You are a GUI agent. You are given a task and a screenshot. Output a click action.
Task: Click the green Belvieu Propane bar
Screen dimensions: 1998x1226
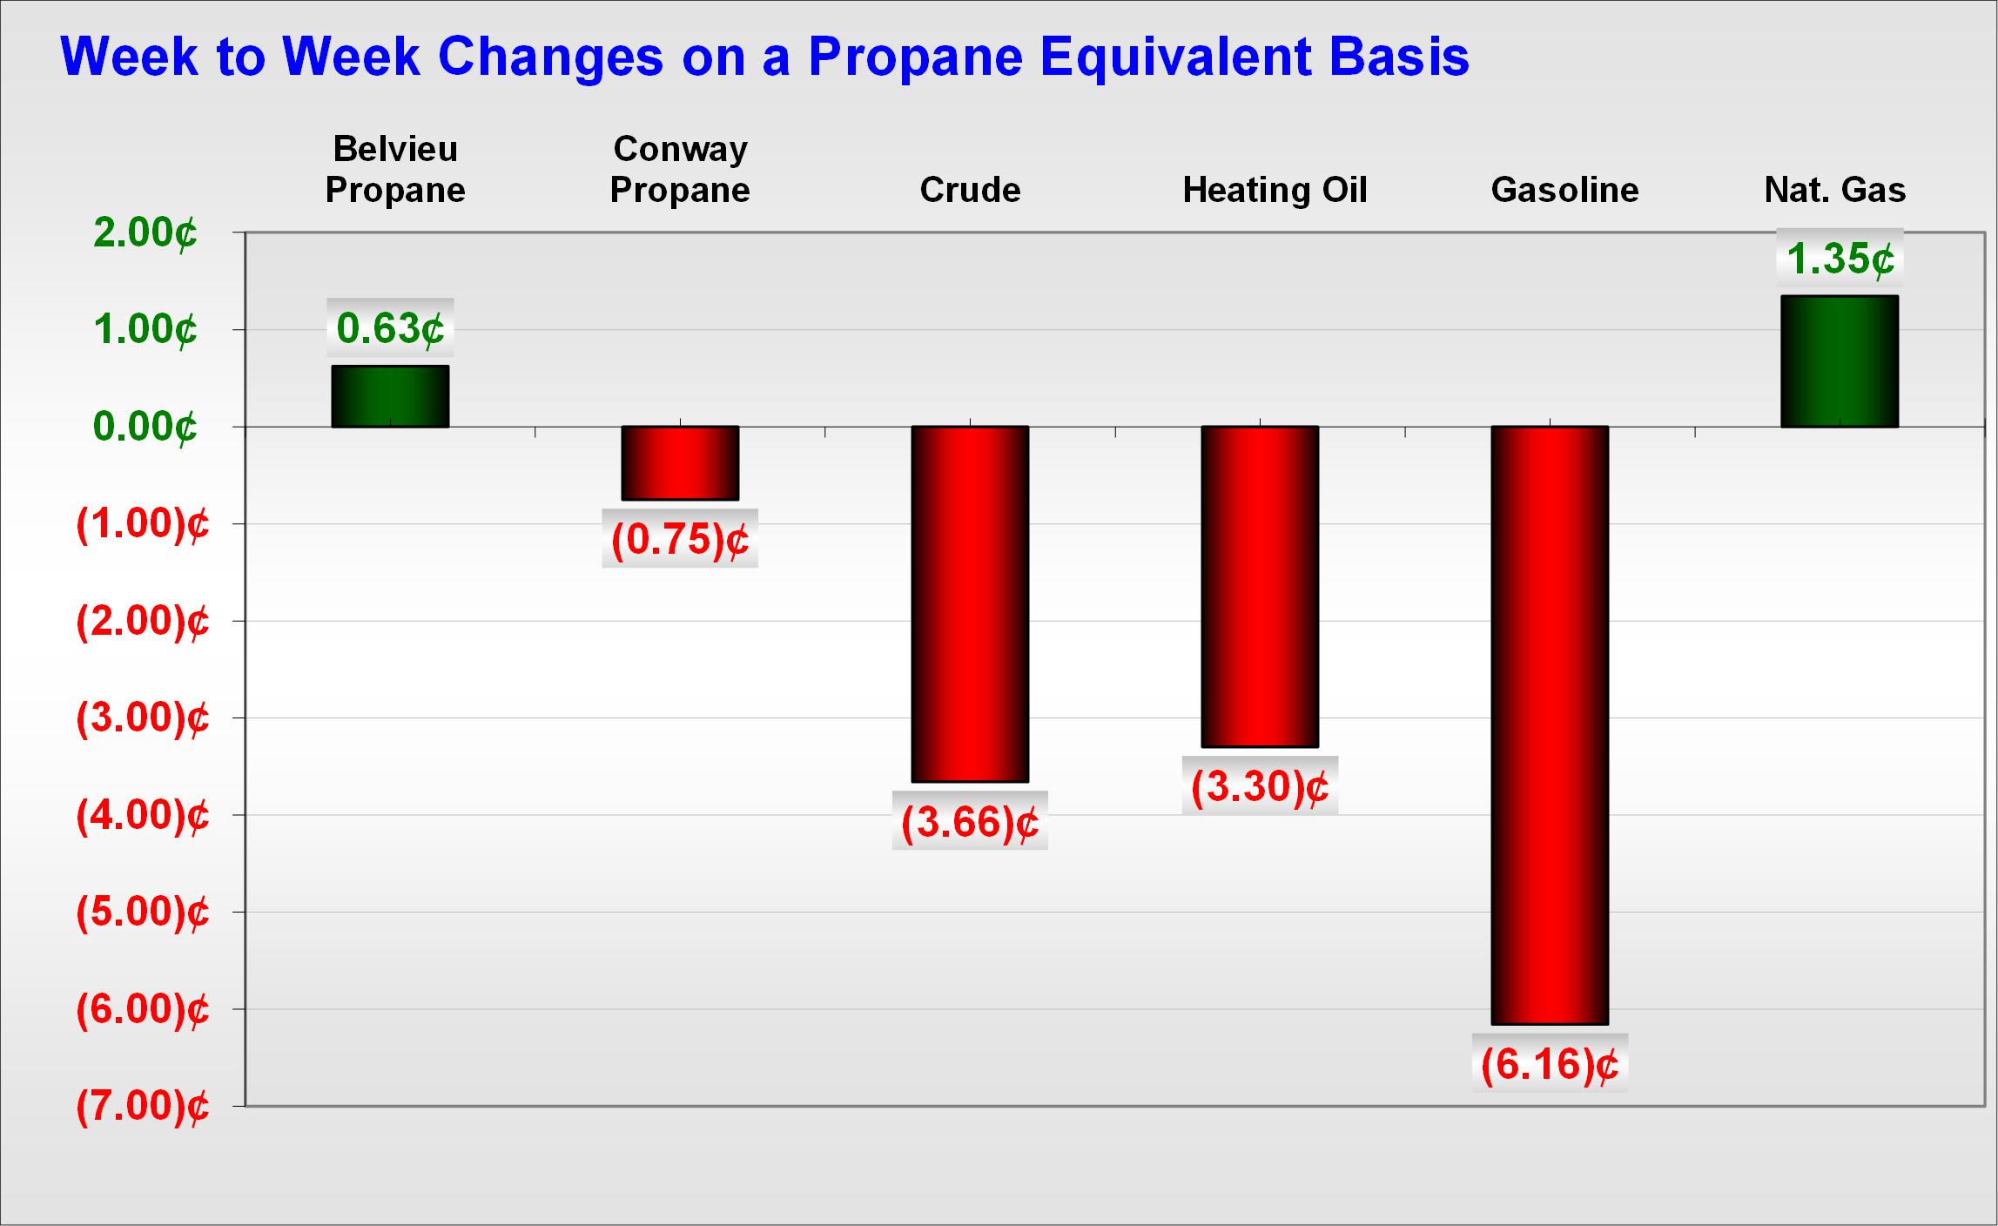[390, 396]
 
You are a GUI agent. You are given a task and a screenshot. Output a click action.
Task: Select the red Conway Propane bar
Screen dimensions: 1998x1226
[680, 463]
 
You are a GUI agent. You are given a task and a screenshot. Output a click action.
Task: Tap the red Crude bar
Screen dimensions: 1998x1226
[970, 604]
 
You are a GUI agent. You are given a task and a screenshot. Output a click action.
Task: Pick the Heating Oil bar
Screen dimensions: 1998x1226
[1260, 587]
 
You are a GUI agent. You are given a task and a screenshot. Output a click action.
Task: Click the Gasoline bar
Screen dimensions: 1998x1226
[1550, 725]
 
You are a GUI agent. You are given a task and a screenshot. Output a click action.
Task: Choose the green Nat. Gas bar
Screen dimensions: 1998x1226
[1840, 361]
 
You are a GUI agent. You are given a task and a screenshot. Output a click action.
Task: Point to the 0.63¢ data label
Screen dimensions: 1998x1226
[390, 328]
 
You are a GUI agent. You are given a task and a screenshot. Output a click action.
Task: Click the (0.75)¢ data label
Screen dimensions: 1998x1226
[680, 539]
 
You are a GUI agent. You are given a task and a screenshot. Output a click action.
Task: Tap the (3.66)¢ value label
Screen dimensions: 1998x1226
[970, 821]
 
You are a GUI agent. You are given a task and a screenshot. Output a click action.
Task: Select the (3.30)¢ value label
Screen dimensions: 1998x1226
[1260, 786]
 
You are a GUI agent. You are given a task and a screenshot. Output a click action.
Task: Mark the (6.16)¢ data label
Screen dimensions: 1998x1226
[1550, 1064]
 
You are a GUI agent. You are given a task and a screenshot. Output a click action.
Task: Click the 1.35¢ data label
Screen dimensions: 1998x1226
[1840, 259]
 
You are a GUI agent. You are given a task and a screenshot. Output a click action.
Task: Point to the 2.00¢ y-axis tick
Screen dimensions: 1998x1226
[145, 233]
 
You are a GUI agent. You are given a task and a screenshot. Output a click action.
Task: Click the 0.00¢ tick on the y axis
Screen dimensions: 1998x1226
[145, 428]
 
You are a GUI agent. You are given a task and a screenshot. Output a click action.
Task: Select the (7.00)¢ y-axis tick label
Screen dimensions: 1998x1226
[144, 1107]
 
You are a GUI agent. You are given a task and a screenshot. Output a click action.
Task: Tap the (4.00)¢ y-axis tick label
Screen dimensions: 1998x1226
[144, 816]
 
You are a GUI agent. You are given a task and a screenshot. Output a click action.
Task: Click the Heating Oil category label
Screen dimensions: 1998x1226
[1275, 191]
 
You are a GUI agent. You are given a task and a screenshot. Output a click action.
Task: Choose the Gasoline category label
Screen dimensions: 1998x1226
[1564, 190]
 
